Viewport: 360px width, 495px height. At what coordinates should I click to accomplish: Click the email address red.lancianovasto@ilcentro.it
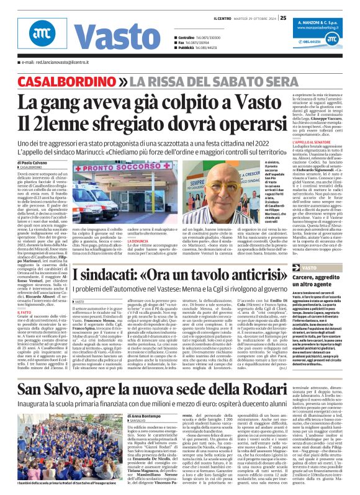click(57, 63)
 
